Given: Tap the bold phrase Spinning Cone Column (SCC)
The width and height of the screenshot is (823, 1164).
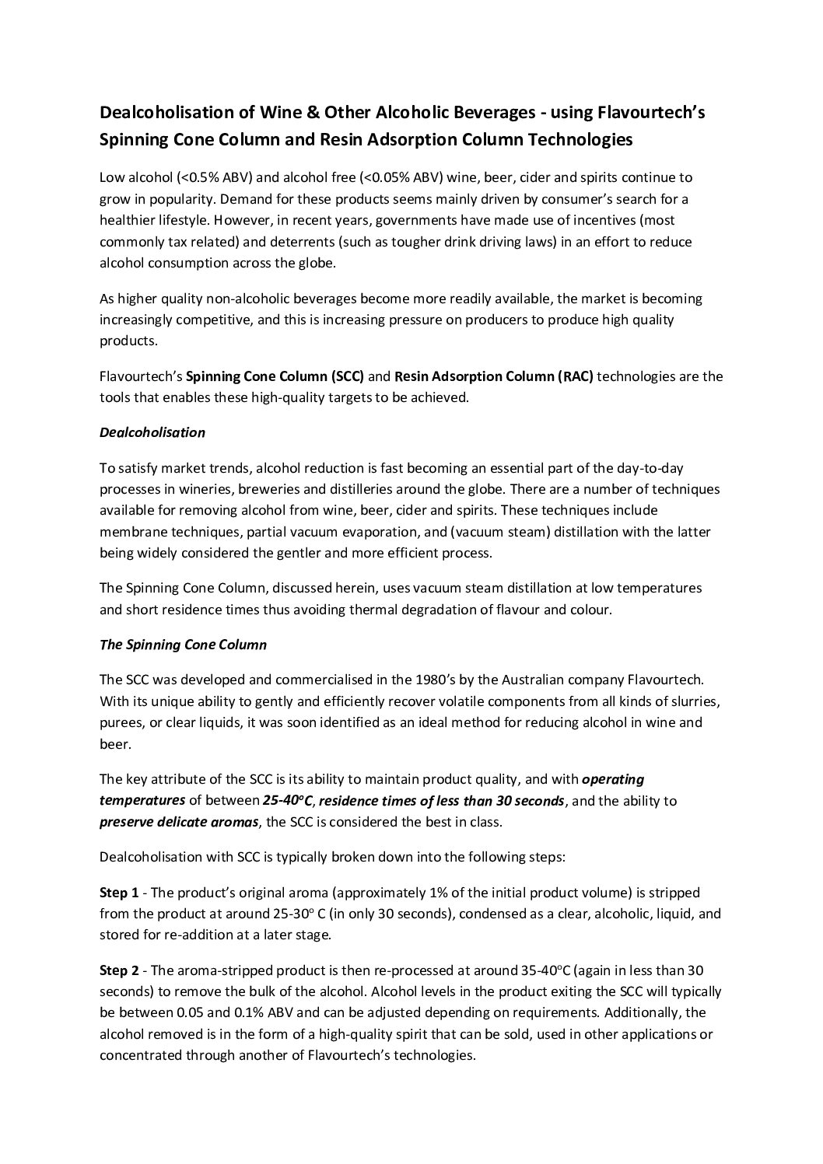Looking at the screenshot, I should click(x=275, y=376).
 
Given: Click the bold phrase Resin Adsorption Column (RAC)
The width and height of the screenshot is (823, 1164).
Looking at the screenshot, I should click(x=494, y=376).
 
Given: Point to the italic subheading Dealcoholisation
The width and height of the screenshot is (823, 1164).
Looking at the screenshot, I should click(x=152, y=432).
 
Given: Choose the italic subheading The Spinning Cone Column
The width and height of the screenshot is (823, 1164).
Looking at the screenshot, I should click(x=183, y=645).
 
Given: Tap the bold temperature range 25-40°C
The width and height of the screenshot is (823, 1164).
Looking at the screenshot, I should click(x=289, y=800).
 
